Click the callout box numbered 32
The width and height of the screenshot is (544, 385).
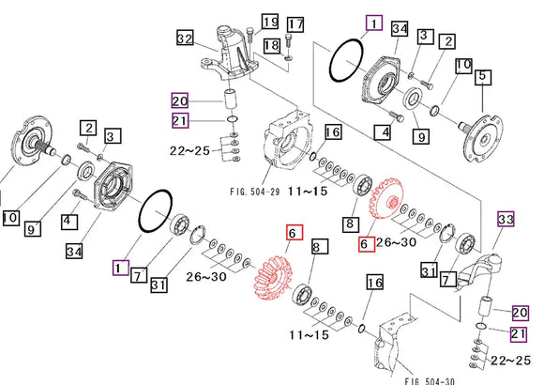tap(185, 38)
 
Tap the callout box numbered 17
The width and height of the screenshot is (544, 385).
tap(295, 23)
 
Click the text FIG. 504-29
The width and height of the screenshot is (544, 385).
tap(256, 190)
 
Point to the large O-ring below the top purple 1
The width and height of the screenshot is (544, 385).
tap(349, 67)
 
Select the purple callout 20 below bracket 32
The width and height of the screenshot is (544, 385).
tap(180, 100)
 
